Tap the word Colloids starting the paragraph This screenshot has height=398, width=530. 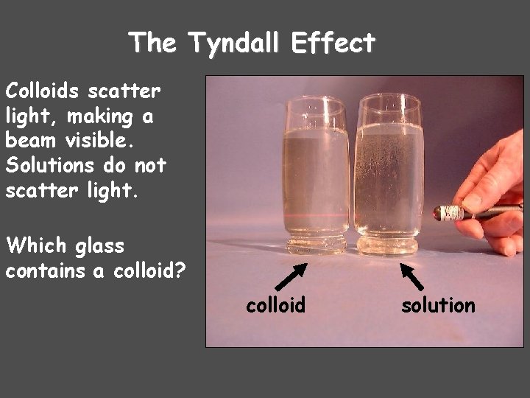pyautogui.click(x=43, y=92)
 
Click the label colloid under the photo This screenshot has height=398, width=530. pyautogui.click(x=275, y=304)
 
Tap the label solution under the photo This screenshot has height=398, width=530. pyautogui.click(x=438, y=304)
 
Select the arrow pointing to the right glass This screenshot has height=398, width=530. pyautogui.click(x=411, y=276)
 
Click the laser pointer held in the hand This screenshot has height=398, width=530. pyautogui.click(x=471, y=212)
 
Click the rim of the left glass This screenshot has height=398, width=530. pyautogui.click(x=315, y=101)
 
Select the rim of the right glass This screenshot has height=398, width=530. pyautogui.click(x=389, y=98)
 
